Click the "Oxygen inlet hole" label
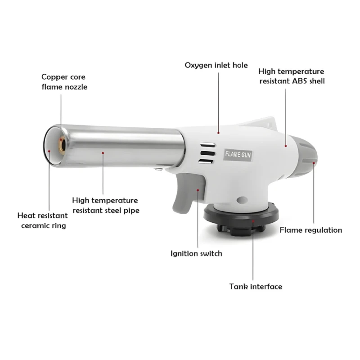(x=216, y=65)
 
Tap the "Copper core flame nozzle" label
(x=64, y=82)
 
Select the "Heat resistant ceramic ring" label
(x=43, y=220)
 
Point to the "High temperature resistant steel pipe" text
(x=106, y=206)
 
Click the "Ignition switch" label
(x=196, y=253)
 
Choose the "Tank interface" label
(x=256, y=287)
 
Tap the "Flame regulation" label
(x=310, y=230)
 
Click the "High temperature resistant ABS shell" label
(x=292, y=76)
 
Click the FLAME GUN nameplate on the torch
(x=238, y=155)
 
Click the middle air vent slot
(x=207, y=153)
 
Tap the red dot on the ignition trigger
(x=198, y=190)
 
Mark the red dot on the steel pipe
(x=103, y=153)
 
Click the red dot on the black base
(x=253, y=221)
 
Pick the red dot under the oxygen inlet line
(x=218, y=133)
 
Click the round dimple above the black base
(x=242, y=200)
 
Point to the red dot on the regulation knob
(x=314, y=163)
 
